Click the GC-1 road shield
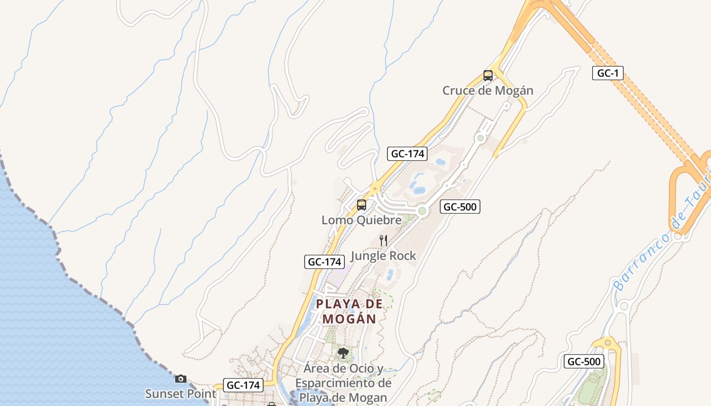click(608, 73)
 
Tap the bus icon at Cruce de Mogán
click(488, 76)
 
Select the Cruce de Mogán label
click(488, 91)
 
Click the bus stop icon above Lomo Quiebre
click(362, 205)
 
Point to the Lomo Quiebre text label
click(362, 220)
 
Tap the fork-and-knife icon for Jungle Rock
click(384, 240)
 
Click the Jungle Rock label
click(383, 256)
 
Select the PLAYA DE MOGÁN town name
click(349, 311)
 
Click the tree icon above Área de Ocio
click(343, 353)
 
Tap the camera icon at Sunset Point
click(180, 379)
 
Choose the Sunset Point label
click(180, 394)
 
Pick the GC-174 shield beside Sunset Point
click(243, 385)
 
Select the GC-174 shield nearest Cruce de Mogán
click(407, 153)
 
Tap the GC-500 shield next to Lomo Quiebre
click(460, 207)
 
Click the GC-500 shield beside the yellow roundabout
click(584, 362)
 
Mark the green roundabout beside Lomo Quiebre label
click(422, 211)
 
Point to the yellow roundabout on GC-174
click(375, 188)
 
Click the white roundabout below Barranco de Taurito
click(624, 306)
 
